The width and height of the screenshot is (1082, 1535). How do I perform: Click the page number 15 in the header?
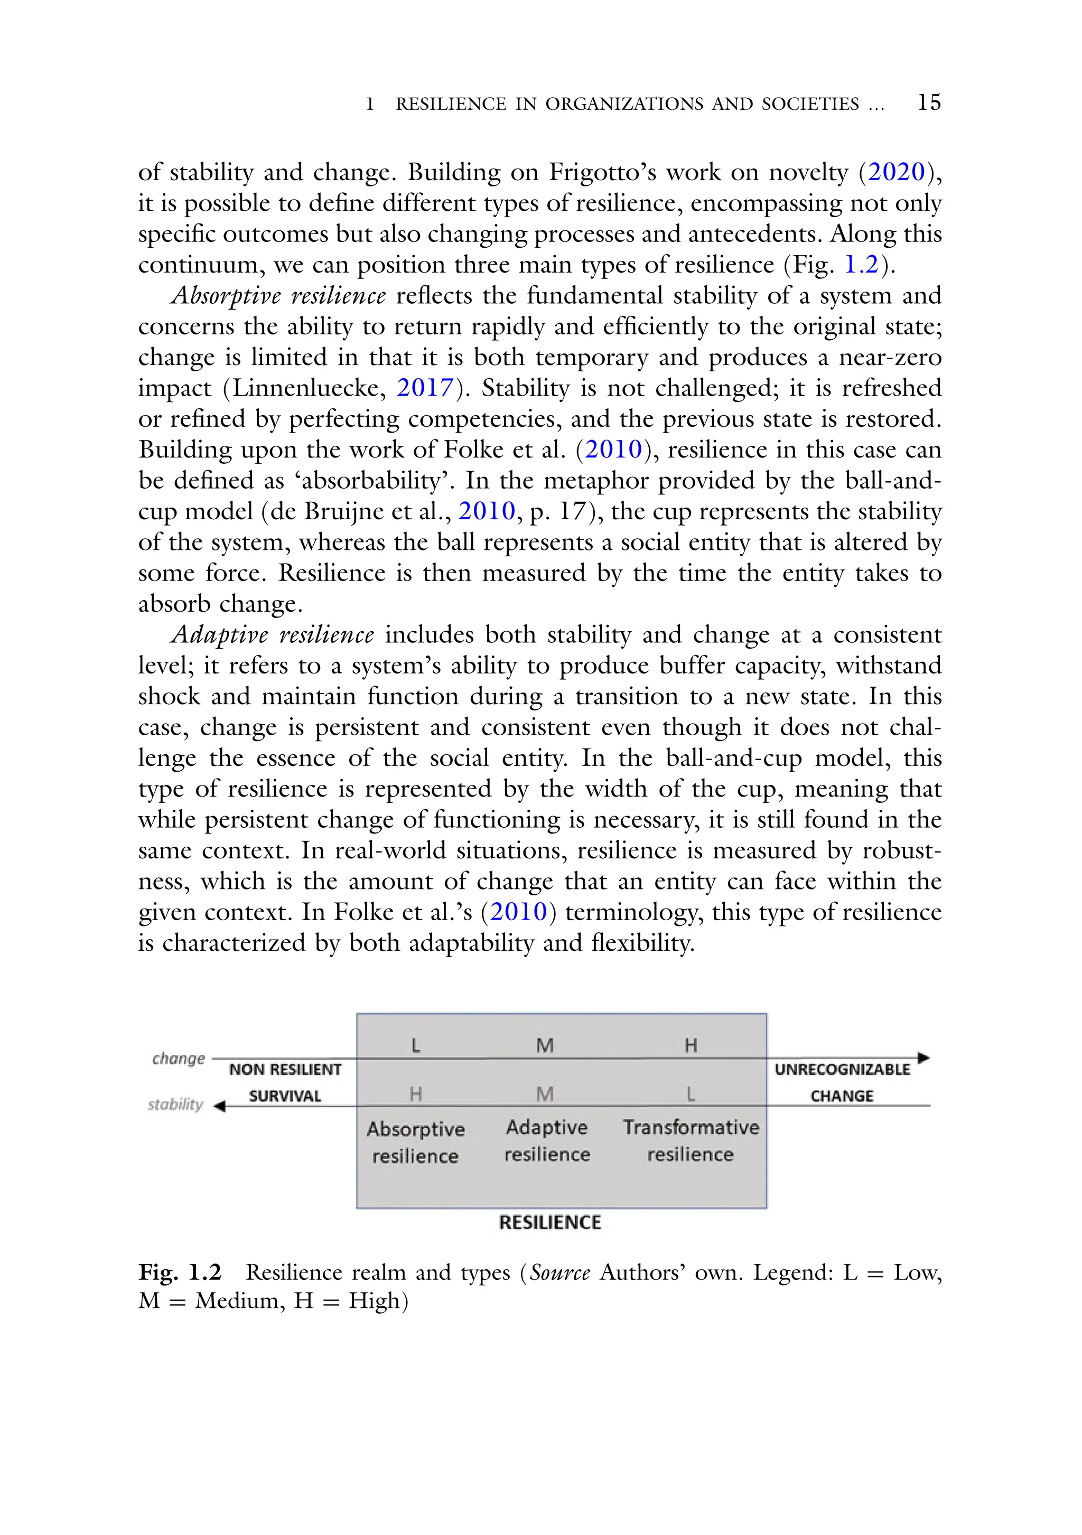pyautogui.click(x=929, y=102)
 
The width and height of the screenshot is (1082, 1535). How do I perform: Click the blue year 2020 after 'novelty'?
pyautogui.click(x=896, y=173)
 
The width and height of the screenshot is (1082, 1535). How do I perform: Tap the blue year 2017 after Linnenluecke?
pyautogui.click(x=425, y=388)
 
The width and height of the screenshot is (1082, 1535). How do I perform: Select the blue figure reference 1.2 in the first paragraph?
pyautogui.click(x=861, y=265)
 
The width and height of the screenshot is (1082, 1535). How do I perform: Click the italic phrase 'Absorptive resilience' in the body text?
pyautogui.click(x=278, y=295)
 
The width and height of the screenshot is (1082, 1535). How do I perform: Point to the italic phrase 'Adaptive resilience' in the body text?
pyautogui.click(x=272, y=634)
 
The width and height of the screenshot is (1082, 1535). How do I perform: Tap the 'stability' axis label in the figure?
pyautogui.click(x=175, y=1105)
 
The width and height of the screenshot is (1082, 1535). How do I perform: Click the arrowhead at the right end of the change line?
pyautogui.click(x=924, y=1057)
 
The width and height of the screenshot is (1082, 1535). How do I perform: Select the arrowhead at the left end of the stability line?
pyautogui.click(x=219, y=1107)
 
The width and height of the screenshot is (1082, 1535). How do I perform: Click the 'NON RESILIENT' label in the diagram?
pyautogui.click(x=285, y=1070)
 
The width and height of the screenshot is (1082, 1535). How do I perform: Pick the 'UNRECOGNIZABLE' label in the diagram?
pyautogui.click(x=842, y=1070)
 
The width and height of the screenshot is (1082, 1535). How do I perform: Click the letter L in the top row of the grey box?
pyautogui.click(x=415, y=1045)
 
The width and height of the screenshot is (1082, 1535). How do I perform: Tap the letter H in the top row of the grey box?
pyautogui.click(x=691, y=1045)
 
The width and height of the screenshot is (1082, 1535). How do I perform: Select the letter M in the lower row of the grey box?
pyautogui.click(x=545, y=1094)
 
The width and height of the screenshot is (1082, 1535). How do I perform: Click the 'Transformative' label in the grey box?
pyautogui.click(x=691, y=1127)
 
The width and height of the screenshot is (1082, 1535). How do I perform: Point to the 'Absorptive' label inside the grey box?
pyautogui.click(x=415, y=1129)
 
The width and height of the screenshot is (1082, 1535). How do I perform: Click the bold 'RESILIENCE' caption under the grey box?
pyautogui.click(x=549, y=1223)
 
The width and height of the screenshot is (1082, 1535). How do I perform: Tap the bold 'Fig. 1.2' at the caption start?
pyautogui.click(x=179, y=1272)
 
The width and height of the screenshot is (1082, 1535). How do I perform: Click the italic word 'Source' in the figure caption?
pyautogui.click(x=559, y=1272)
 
